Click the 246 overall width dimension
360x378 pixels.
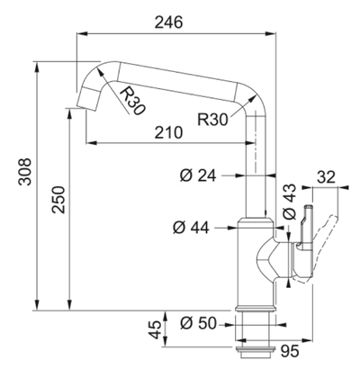[x=168, y=22]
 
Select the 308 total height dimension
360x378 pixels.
[x=25, y=172]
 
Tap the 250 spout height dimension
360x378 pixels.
[x=58, y=200]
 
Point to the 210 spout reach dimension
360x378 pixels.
[x=168, y=132]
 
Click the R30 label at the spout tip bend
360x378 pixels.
[x=132, y=101]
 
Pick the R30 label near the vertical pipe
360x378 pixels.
[x=212, y=120]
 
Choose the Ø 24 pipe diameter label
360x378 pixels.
[x=198, y=175]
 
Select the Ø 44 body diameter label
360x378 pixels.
[x=191, y=229]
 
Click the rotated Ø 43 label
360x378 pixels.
[x=290, y=202]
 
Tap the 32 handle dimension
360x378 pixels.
[x=326, y=177]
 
